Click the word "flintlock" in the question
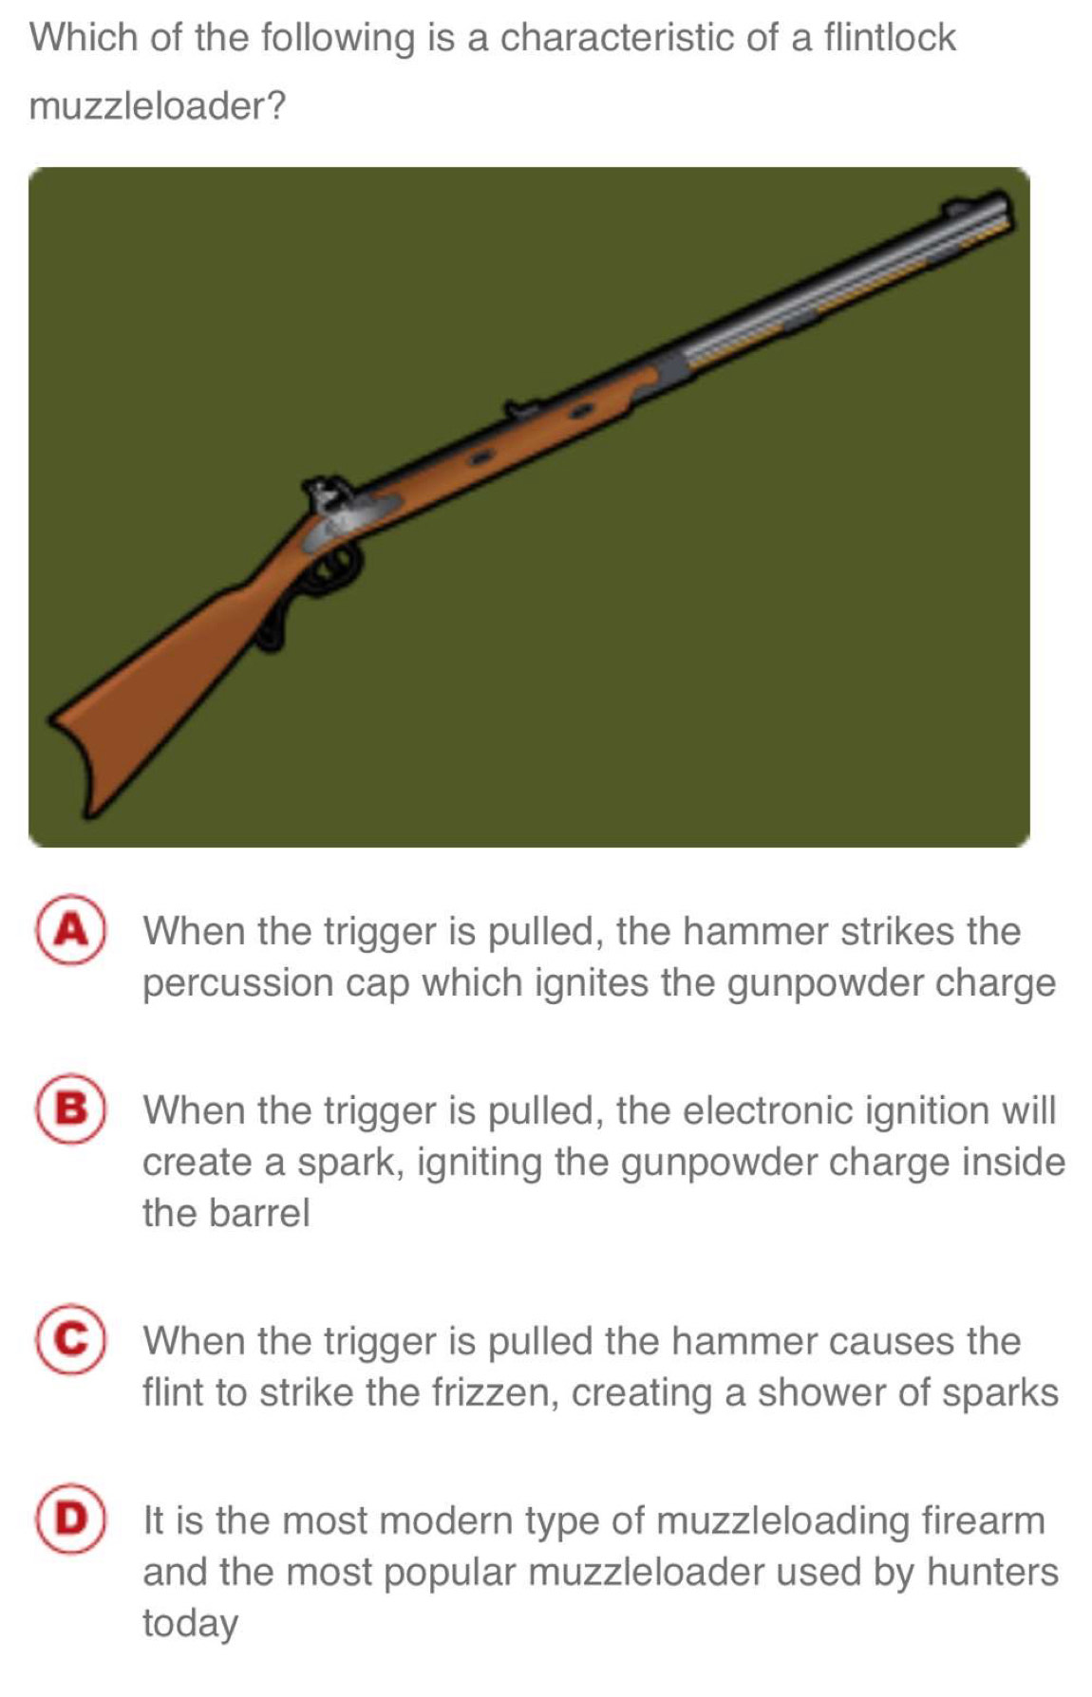pyautogui.click(x=889, y=38)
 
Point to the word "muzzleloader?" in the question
pyautogui.click(x=158, y=105)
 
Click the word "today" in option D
pyautogui.click(x=190, y=1624)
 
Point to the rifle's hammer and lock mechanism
pyautogui.click(x=337, y=512)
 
